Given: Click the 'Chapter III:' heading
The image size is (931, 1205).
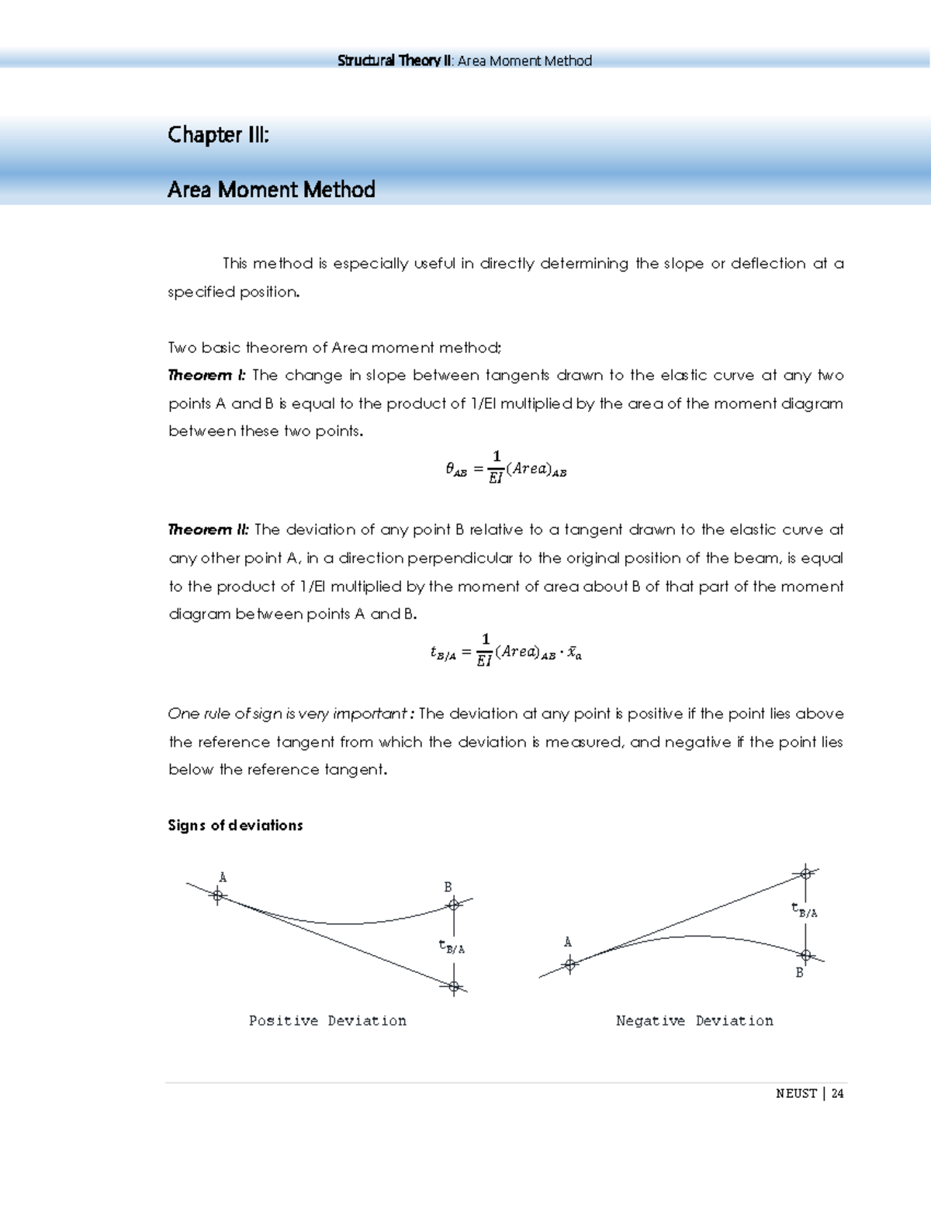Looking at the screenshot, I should (218, 135).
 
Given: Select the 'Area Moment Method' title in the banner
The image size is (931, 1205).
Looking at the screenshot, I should (271, 189).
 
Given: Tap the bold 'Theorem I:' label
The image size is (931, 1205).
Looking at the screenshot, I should (206, 376).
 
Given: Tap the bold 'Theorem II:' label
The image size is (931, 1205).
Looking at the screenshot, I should (209, 530).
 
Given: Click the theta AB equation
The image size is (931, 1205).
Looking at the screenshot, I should (506, 469).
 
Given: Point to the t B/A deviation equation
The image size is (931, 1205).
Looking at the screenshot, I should (506, 653).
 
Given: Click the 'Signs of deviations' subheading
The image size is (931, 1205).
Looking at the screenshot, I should (235, 826).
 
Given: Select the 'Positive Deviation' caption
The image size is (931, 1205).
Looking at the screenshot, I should (327, 1021).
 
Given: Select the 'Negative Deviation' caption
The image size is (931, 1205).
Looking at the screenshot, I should (694, 1021).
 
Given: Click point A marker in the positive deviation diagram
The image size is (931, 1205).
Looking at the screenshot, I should (218, 895).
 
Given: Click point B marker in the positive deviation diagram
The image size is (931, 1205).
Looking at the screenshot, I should (454, 905).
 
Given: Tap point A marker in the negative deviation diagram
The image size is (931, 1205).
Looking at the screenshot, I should (570, 964).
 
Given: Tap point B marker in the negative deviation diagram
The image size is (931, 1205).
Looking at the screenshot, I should (806, 955).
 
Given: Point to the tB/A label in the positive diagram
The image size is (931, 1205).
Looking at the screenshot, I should (452, 947).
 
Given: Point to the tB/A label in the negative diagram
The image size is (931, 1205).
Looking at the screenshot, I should (805, 910).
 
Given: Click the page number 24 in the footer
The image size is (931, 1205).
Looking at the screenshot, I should (837, 1093).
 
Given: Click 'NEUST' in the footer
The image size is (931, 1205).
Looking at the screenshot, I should (796, 1093).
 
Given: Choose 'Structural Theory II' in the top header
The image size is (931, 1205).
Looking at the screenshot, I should (394, 61).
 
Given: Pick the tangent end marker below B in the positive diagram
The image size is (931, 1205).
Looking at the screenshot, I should (454, 987).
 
